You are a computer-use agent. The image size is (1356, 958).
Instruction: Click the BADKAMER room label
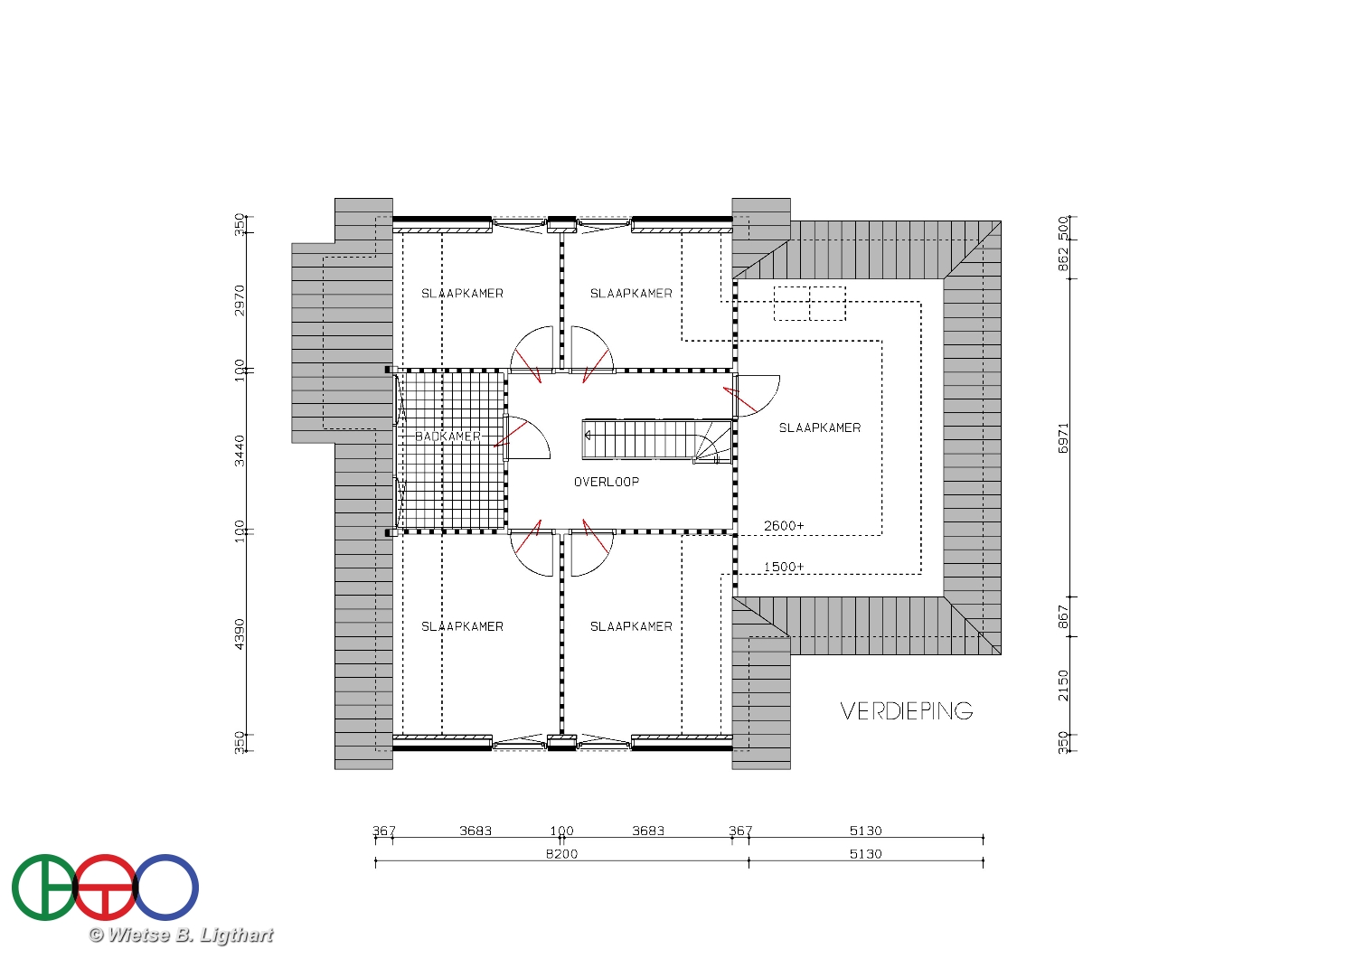pyautogui.click(x=448, y=437)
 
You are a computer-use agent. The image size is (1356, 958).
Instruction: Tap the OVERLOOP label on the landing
pyautogui.click(x=607, y=482)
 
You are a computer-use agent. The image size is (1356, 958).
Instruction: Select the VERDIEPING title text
pyautogui.click(x=906, y=711)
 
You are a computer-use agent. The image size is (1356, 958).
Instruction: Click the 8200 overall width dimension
pyautogui.click(x=561, y=854)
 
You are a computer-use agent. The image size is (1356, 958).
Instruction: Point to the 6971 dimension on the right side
pyautogui.click(x=1063, y=438)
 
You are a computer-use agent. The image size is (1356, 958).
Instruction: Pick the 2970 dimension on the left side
pyautogui.click(x=240, y=300)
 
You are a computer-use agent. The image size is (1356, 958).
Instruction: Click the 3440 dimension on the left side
pyautogui.click(x=240, y=451)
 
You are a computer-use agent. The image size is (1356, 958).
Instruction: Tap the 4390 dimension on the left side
pyautogui.click(x=240, y=634)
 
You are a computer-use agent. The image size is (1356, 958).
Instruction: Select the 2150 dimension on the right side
pyautogui.click(x=1063, y=686)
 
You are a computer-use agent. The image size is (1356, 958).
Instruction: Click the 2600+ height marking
pyautogui.click(x=784, y=526)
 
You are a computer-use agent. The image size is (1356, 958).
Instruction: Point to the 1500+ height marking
pyautogui.click(x=784, y=567)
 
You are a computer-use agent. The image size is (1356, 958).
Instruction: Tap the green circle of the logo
pyautogui.click(x=43, y=888)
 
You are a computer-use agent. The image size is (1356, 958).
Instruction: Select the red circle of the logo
pyautogui.click(x=106, y=855)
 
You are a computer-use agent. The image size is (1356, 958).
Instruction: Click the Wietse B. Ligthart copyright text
pyautogui.click(x=181, y=935)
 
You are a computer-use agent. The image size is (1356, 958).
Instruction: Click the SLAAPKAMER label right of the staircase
pyautogui.click(x=820, y=427)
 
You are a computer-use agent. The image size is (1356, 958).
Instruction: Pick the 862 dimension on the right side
pyautogui.click(x=1063, y=259)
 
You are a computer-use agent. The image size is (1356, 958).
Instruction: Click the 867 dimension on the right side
pyautogui.click(x=1063, y=616)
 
